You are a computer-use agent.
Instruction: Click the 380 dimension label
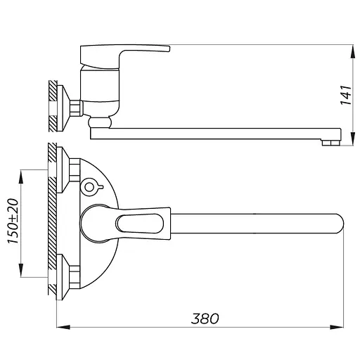[205, 319]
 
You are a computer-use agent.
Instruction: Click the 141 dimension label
[346, 95]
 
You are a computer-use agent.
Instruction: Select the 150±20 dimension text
[13, 221]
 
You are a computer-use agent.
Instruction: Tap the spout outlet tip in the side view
[330, 143]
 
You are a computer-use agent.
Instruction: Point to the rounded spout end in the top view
[339, 224]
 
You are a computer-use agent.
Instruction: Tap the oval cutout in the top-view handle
[140, 224]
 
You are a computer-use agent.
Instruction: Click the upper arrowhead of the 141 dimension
[353, 51]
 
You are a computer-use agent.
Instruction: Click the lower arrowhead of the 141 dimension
[353, 139]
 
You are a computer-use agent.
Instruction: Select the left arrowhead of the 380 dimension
[63, 327]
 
